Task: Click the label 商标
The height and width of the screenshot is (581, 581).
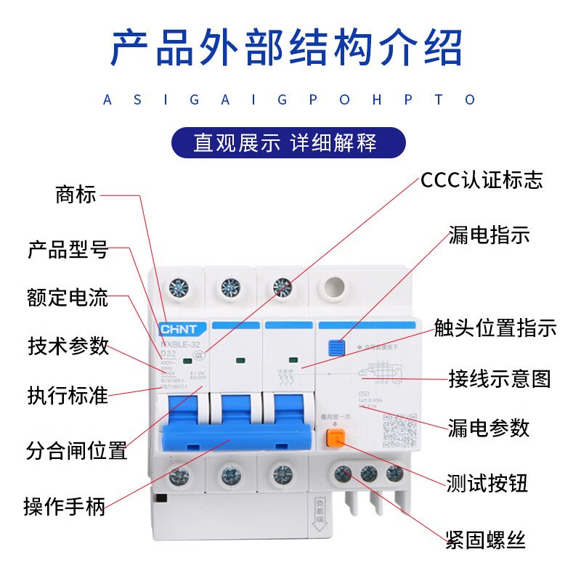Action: [76, 195]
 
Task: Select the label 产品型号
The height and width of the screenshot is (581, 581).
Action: [68, 251]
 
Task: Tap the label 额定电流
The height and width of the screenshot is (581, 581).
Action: [68, 298]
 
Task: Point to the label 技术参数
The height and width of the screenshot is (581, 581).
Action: [68, 346]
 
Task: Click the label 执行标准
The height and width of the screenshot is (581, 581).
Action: [68, 395]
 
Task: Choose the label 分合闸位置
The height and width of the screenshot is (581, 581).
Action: [76, 450]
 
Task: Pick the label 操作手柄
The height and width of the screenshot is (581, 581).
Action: [65, 505]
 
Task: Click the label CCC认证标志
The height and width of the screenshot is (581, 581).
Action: [481, 180]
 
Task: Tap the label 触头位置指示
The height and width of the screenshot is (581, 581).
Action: [495, 328]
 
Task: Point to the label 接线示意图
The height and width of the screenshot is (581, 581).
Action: [499, 378]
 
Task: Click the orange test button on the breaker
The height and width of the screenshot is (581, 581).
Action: [335, 438]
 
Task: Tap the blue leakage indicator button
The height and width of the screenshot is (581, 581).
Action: [336, 347]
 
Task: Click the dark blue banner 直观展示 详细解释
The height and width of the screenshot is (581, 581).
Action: [288, 142]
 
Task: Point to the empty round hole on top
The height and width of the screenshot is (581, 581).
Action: [333, 286]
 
